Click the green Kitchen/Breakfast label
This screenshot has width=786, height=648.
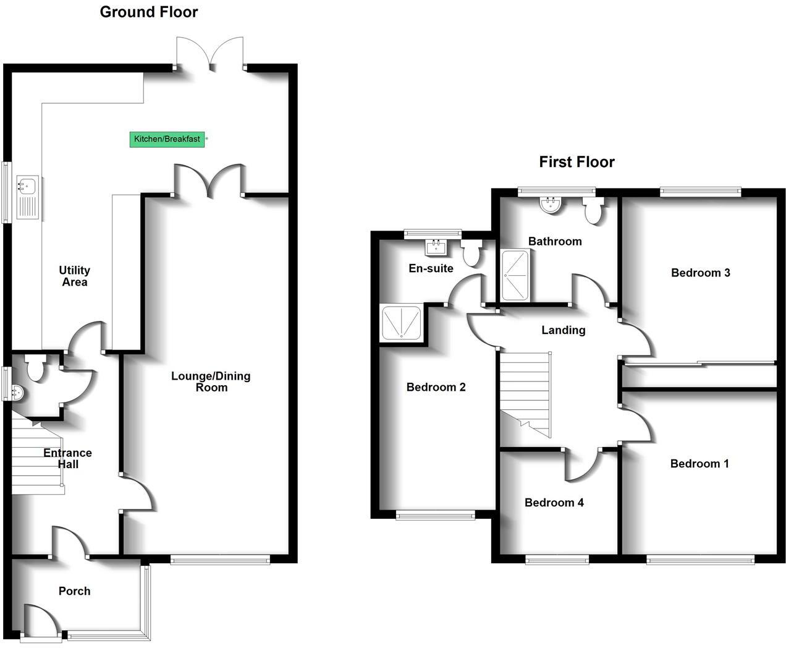pyautogui.click(x=167, y=139)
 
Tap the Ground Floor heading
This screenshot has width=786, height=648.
pyautogui.click(x=149, y=12)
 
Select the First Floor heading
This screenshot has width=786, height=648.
pyautogui.click(x=577, y=162)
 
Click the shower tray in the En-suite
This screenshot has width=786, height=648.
pyautogui.click(x=402, y=322)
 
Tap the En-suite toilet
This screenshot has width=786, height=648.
pyautogui.click(x=473, y=254)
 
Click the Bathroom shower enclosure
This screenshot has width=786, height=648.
pyautogui.click(x=515, y=275)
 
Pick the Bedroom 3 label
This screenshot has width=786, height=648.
pyautogui.click(x=700, y=273)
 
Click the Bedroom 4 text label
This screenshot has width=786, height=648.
pyautogui.click(x=554, y=503)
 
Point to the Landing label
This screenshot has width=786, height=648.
pyautogui.click(x=563, y=330)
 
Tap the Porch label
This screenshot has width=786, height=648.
pyautogui.click(x=74, y=591)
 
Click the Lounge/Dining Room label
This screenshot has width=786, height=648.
pyautogui.click(x=211, y=382)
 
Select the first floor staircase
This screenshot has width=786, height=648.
pyautogui.click(x=525, y=394)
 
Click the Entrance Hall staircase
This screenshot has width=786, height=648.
pyautogui.click(x=37, y=458)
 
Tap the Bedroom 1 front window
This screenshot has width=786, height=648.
pyautogui.click(x=700, y=560)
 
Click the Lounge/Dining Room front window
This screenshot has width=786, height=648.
pyautogui.click(x=220, y=560)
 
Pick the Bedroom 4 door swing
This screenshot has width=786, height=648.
pyautogui.click(x=581, y=466)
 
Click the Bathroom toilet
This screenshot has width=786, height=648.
pyautogui.click(x=593, y=212)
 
